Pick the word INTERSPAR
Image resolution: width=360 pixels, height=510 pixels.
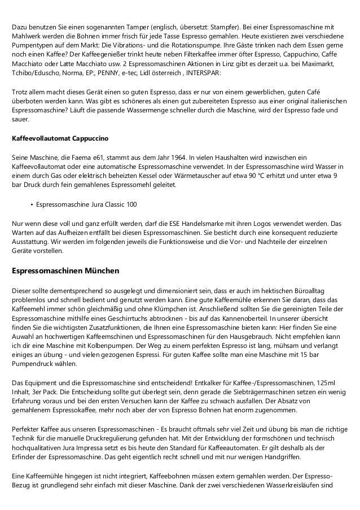pos(203,73)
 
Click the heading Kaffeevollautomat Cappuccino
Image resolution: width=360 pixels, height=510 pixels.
pos(60,138)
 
